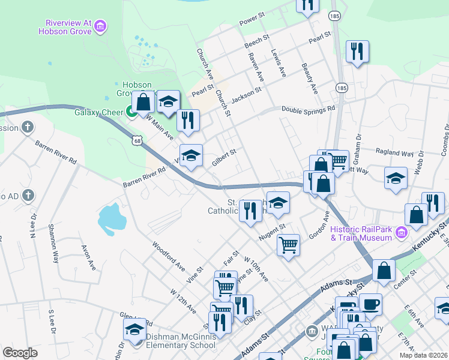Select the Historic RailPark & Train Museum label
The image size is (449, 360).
361,233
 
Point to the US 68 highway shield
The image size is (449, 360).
137,141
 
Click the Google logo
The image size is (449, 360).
20,353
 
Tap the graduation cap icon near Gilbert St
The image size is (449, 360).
191,156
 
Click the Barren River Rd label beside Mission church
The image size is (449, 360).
56,153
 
